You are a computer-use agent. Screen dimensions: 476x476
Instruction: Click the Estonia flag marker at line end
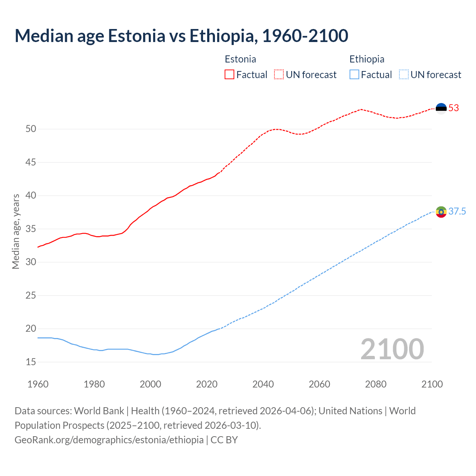(x=441, y=109)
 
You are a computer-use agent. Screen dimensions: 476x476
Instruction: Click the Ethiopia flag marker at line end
(x=441, y=212)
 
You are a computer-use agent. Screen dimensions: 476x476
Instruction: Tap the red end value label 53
(x=454, y=108)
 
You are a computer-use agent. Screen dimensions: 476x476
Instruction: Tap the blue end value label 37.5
(x=457, y=212)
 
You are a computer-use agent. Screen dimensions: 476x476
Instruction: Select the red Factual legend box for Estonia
(x=229, y=75)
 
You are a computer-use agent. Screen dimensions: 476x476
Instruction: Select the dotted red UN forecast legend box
(x=279, y=75)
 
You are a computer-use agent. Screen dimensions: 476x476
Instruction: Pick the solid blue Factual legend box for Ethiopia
(x=354, y=75)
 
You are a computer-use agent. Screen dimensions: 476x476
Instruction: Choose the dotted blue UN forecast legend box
(x=403, y=75)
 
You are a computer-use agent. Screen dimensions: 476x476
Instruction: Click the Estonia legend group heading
(x=240, y=59)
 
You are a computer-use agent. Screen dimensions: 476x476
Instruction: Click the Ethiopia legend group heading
(x=367, y=59)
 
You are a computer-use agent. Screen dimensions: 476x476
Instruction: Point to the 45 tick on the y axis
(x=31, y=163)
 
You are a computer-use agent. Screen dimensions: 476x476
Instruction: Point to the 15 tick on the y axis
(x=31, y=362)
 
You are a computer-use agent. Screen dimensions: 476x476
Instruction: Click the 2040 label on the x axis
(x=263, y=384)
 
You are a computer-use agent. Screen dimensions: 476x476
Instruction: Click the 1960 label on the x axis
(x=38, y=384)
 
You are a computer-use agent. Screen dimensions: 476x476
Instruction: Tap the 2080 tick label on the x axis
(x=376, y=384)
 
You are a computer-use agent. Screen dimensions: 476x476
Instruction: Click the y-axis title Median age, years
(x=16, y=231)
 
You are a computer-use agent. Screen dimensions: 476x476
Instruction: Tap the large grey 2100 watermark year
(x=392, y=349)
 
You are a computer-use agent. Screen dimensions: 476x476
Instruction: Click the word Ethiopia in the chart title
(x=222, y=36)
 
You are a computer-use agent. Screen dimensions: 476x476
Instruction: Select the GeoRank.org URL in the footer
(x=109, y=440)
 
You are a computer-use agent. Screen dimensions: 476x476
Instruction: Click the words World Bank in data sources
(x=99, y=411)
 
